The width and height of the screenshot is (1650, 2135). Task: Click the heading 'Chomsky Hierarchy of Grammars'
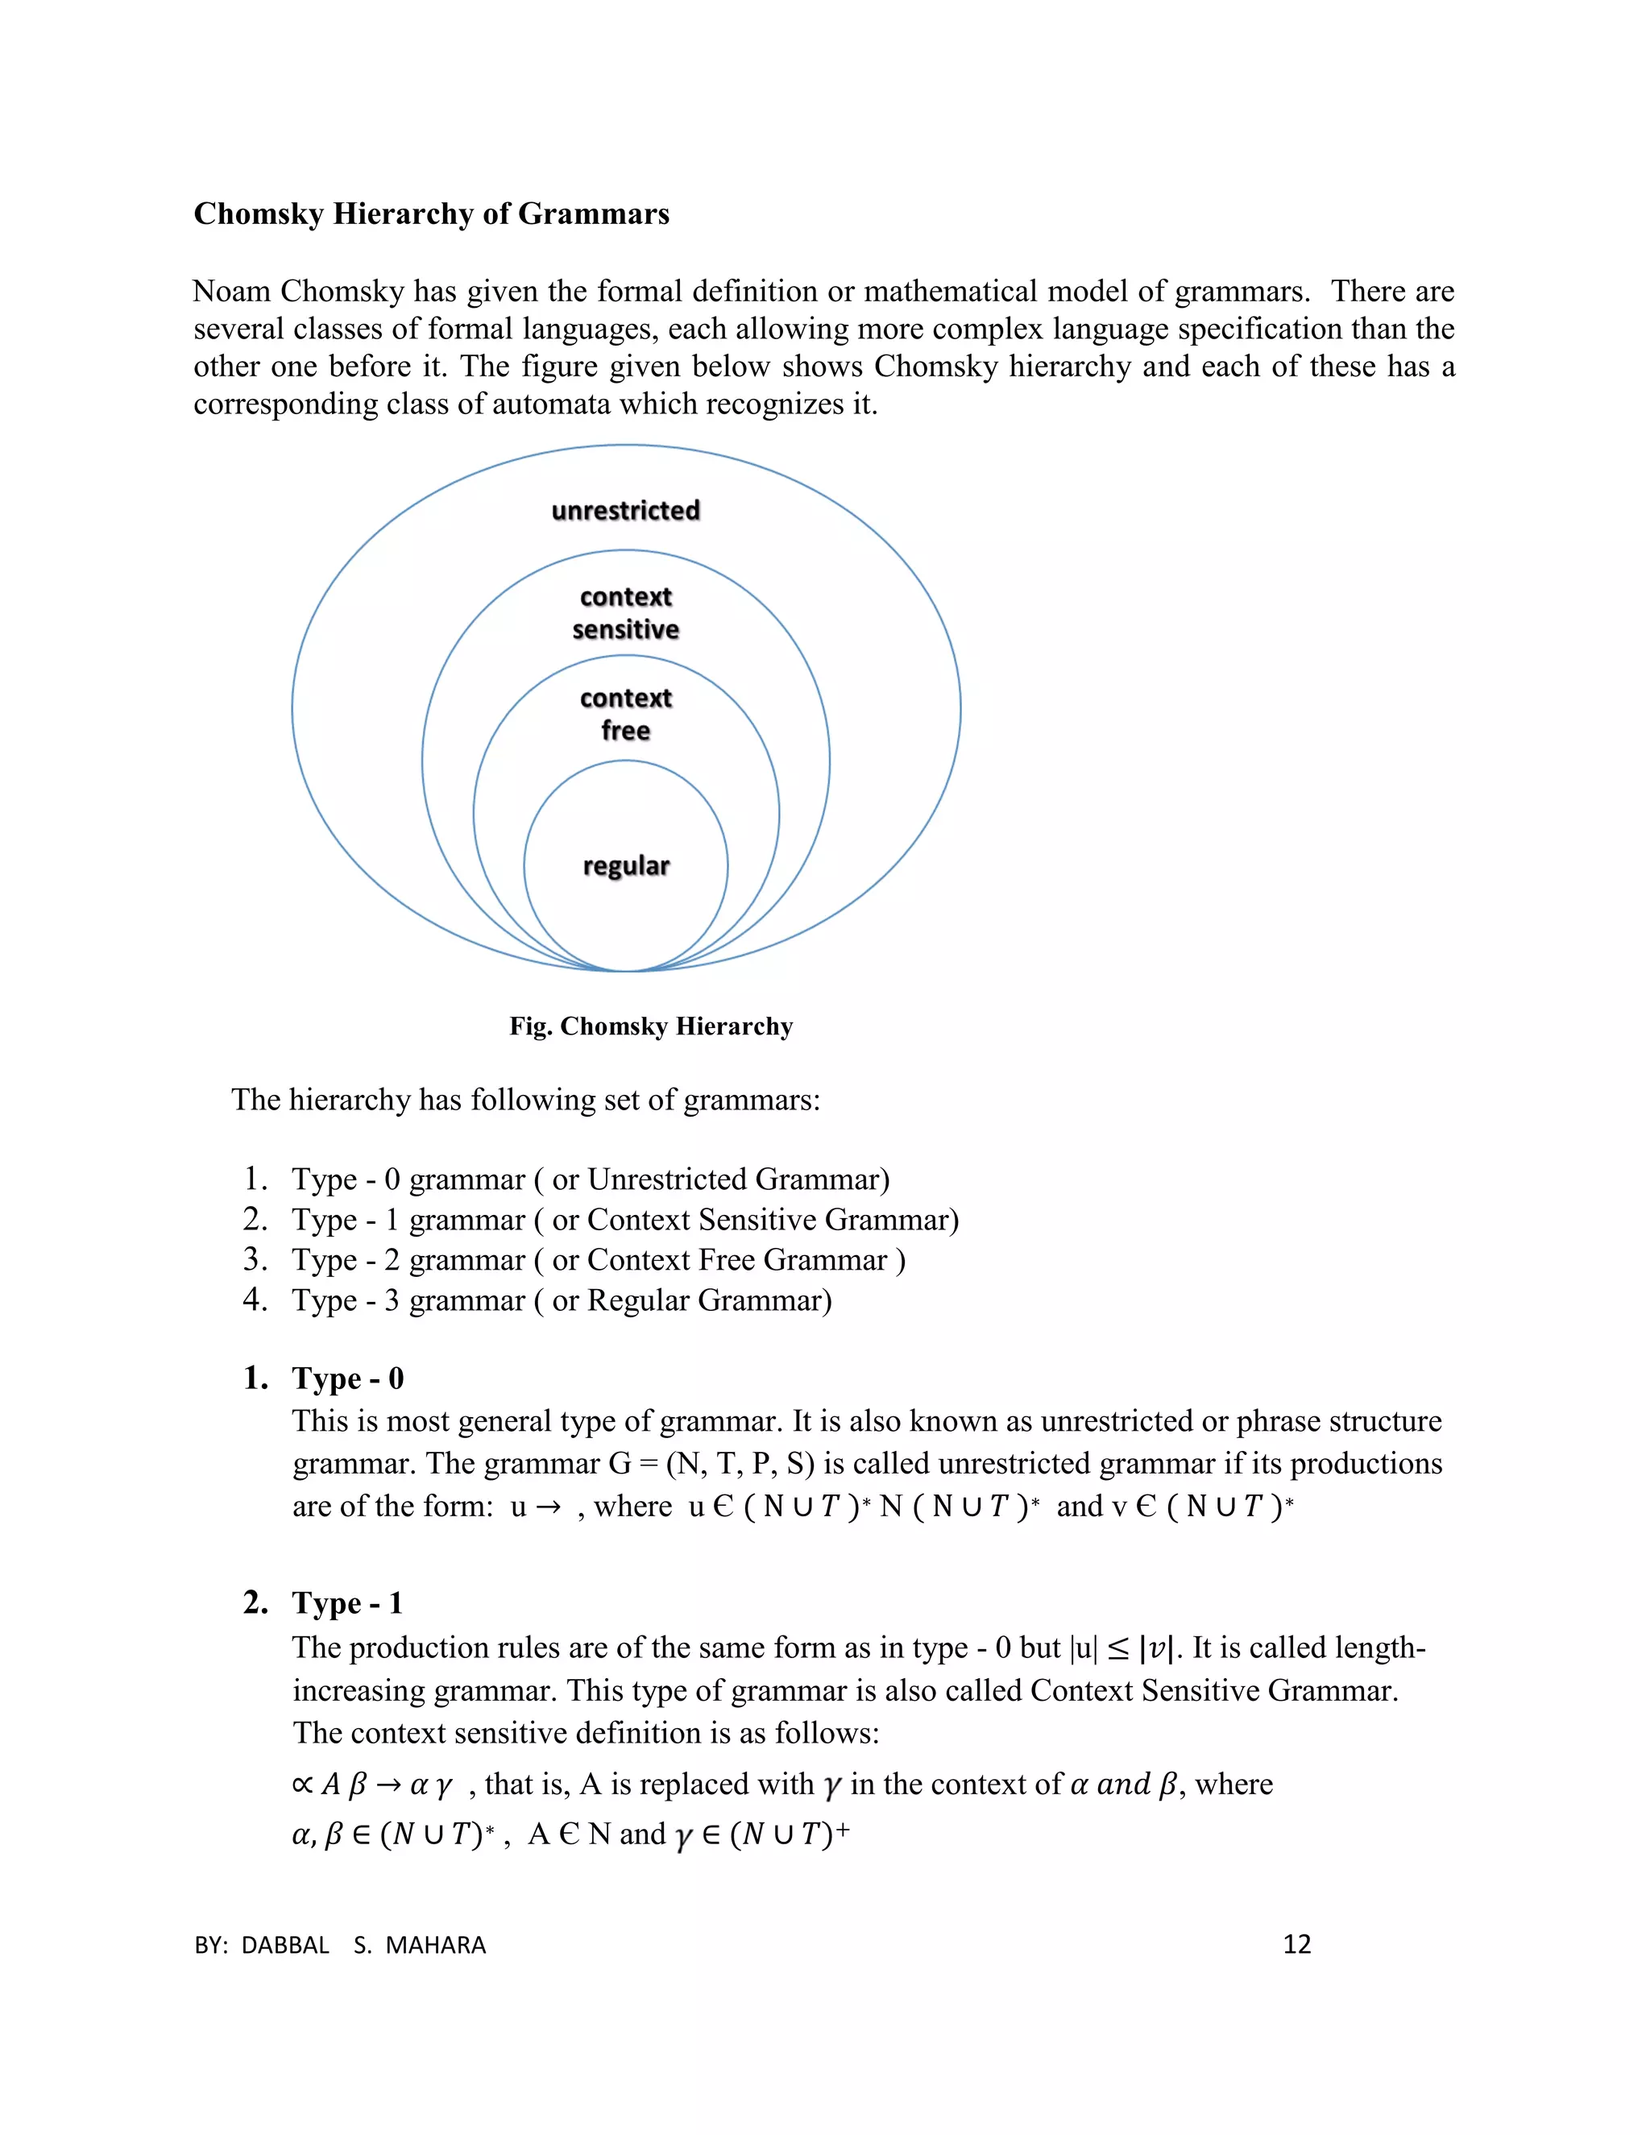click(431, 213)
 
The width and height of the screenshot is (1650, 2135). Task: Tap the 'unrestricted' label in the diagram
click(625, 510)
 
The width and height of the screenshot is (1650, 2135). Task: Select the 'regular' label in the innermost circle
click(625, 866)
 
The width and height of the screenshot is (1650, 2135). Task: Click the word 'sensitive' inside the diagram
click(625, 629)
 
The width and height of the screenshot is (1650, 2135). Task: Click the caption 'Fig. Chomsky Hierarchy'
click(651, 1026)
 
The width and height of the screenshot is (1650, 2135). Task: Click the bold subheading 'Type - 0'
click(347, 1378)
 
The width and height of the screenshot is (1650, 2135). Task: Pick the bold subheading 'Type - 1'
click(347, 1603)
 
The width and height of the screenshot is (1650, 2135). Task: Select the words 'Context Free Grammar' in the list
click(737, 1260)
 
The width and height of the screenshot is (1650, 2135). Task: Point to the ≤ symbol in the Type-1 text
click(1118, 1649)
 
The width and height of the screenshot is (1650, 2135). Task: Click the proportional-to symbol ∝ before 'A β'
click(302, 1785)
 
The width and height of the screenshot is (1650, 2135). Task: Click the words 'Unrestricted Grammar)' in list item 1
click(738, 1180)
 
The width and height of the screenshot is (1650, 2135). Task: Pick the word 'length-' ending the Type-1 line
click(1379, 1648)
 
